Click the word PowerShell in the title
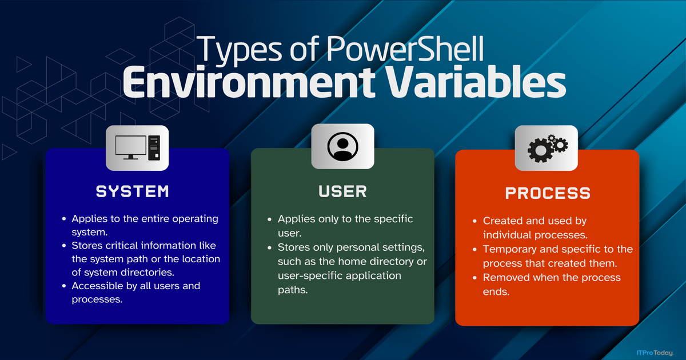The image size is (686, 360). [405, 49]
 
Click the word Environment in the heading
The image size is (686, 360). [249, 83]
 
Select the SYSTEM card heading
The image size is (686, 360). [132, 191]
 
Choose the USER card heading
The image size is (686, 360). [342, 191]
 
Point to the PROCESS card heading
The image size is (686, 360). [548, 193]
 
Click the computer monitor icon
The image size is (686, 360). [131, 147]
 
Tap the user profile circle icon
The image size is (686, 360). [342, 147]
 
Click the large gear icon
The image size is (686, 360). [541, 150]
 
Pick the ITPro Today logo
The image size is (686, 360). [655, 353]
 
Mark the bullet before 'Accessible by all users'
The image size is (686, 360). [64, 286]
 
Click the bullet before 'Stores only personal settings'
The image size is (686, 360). [269, 247]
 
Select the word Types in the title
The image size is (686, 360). [239, 50]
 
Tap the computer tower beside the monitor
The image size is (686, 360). [154, 148]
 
